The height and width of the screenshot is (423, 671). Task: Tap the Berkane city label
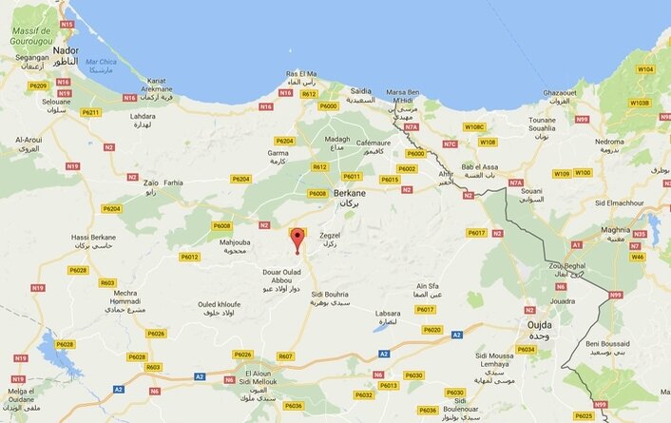[352, 195]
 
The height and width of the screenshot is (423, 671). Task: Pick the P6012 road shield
[189, 256]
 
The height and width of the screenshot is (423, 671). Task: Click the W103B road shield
[639, 103]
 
